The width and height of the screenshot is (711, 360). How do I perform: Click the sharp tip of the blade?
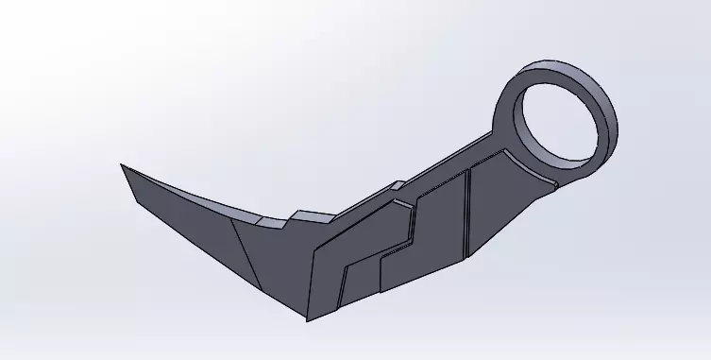point(122,164)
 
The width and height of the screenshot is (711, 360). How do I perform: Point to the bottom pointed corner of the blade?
point(311,317)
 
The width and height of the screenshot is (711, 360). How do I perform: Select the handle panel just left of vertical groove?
point(439,227)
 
